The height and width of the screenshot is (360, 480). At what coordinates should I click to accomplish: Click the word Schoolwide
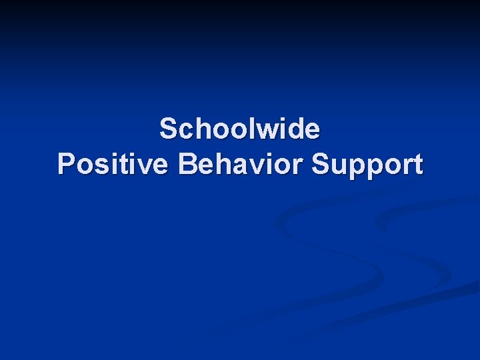[240, 129]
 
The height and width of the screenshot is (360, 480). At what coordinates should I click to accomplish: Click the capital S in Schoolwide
[168, 129]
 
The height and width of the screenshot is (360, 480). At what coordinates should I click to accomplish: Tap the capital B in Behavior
[188, 164]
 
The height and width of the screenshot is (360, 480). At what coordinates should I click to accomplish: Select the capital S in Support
[321, 164]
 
